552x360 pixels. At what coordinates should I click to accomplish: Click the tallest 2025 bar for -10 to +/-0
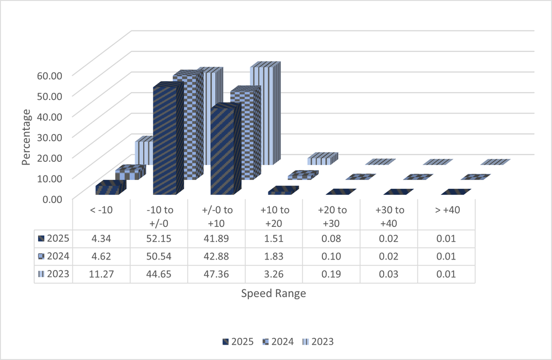166,141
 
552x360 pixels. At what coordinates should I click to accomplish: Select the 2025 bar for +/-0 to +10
224,152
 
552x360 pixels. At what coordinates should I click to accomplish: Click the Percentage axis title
26,136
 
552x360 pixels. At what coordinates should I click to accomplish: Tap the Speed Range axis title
273,293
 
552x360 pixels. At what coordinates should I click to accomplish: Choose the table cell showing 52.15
159,239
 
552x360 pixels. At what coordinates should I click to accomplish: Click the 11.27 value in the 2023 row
102,274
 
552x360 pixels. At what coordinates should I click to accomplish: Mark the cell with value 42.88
216,256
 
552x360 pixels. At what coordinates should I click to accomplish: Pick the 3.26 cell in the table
274,274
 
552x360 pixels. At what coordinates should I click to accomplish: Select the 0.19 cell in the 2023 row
331,274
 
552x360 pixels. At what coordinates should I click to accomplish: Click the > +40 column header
446,210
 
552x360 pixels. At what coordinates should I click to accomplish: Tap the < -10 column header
102,210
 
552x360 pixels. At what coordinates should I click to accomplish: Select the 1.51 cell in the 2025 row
274,239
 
